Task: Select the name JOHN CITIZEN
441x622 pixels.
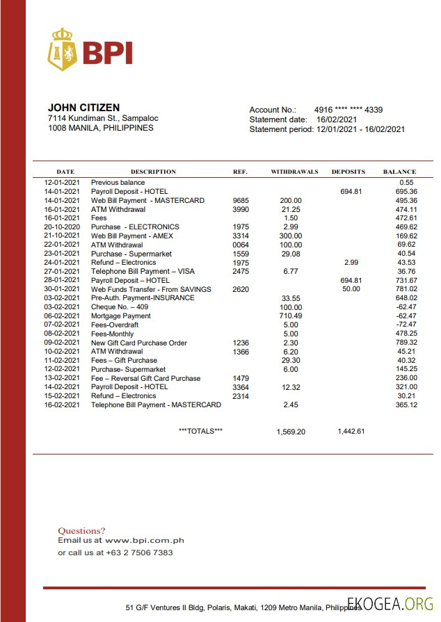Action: point(83,108)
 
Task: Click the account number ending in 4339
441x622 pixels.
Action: point(348,110)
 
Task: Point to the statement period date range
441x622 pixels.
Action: point(360,129)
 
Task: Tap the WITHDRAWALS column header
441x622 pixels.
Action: point(294,172)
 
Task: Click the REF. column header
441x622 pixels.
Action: point(239,172)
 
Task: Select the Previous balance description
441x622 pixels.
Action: point(118,183)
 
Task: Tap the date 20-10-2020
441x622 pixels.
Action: point(62,227)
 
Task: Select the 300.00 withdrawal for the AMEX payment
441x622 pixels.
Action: point(291,236)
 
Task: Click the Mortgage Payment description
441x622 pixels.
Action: point(120,316)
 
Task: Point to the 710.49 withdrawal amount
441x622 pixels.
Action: point(291,316)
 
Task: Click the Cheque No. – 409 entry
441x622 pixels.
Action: point(119,307)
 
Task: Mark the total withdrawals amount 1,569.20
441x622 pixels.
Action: point(291,432)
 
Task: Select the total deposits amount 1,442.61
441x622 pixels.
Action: point(351,432)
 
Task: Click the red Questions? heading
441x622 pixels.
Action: point(81,530)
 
